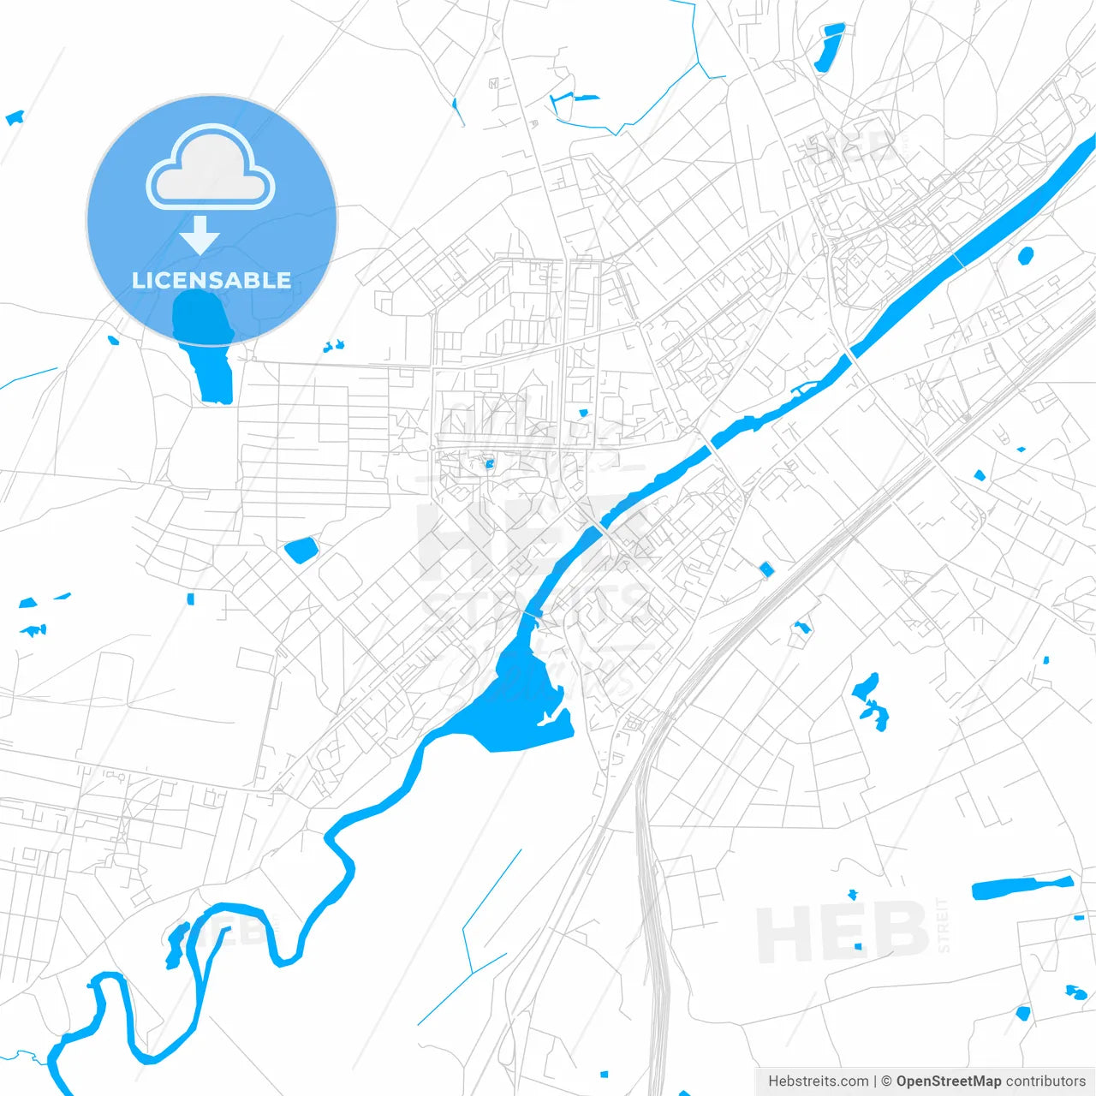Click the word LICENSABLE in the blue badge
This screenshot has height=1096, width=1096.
211,280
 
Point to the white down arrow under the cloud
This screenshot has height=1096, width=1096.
200,235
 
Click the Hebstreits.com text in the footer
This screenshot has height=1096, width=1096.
818,1081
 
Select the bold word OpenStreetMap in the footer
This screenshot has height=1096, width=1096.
948,1081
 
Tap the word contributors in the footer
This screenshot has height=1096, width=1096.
1045,1081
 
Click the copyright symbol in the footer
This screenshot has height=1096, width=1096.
887,1081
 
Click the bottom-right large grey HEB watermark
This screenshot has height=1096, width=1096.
843,933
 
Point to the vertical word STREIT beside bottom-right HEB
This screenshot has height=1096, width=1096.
944,925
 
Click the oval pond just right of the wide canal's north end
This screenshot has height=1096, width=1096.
1025,255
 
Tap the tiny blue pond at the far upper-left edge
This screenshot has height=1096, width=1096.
15,118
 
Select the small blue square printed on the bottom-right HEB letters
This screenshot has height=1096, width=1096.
859,946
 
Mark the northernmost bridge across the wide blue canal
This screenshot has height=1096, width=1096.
957,259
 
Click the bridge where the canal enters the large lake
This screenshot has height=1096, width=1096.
532,615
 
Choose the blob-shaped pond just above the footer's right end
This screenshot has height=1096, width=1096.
1075,992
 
